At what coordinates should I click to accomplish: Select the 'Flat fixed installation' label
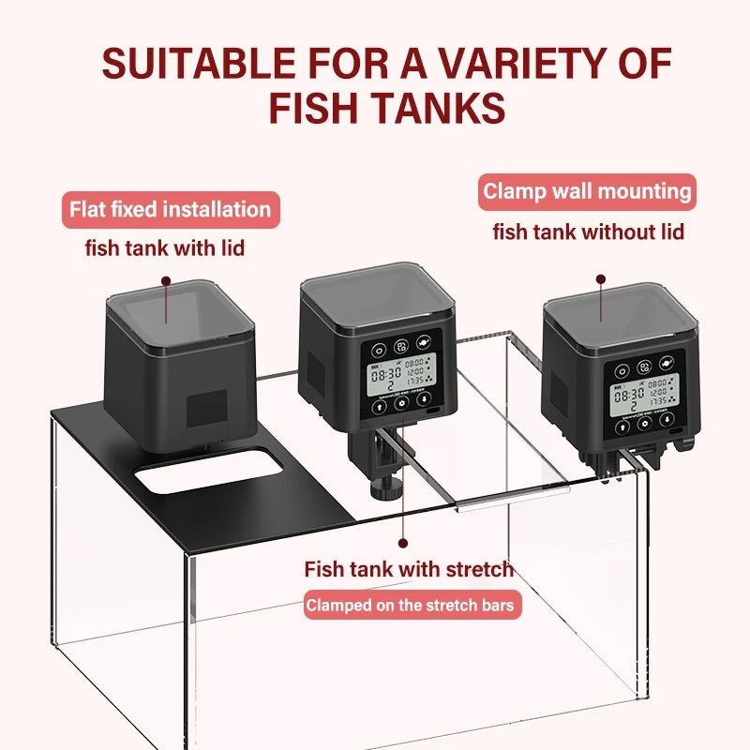tap(170, 208)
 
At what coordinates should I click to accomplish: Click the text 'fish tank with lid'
tap(169, 247)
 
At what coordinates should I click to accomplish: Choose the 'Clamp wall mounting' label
tap(587, 192)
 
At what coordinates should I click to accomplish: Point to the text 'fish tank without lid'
tap(589, 231)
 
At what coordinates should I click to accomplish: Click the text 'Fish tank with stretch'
tap(409, 568)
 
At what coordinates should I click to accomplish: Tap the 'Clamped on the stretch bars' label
tap(410, 605)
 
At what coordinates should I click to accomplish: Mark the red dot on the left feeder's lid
tap(166, 279)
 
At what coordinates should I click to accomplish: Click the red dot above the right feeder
tap(600, 278)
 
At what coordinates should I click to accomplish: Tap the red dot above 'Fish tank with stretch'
tap(403, 542)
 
